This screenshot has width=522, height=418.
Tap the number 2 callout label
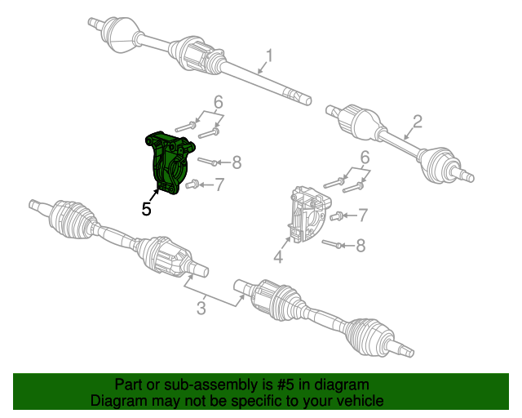coord(417,122)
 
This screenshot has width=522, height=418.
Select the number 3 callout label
coord(200,308)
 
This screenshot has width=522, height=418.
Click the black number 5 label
coord(146,209)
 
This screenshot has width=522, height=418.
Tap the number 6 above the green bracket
coord(218,103)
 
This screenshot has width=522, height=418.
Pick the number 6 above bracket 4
coord(365,157)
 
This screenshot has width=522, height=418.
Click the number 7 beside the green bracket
coord(219,185)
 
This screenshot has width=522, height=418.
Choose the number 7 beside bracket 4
coord(363,216)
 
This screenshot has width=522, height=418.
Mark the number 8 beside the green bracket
coord(237,162)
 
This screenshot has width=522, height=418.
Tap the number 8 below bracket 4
coord(361,245)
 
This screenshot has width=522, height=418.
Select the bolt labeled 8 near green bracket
coord(207,162)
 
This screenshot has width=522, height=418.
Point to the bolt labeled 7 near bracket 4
coord(336,216)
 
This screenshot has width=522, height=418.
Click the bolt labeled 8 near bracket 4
coord(334,243)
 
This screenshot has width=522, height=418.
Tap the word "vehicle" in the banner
coord(356,401)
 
